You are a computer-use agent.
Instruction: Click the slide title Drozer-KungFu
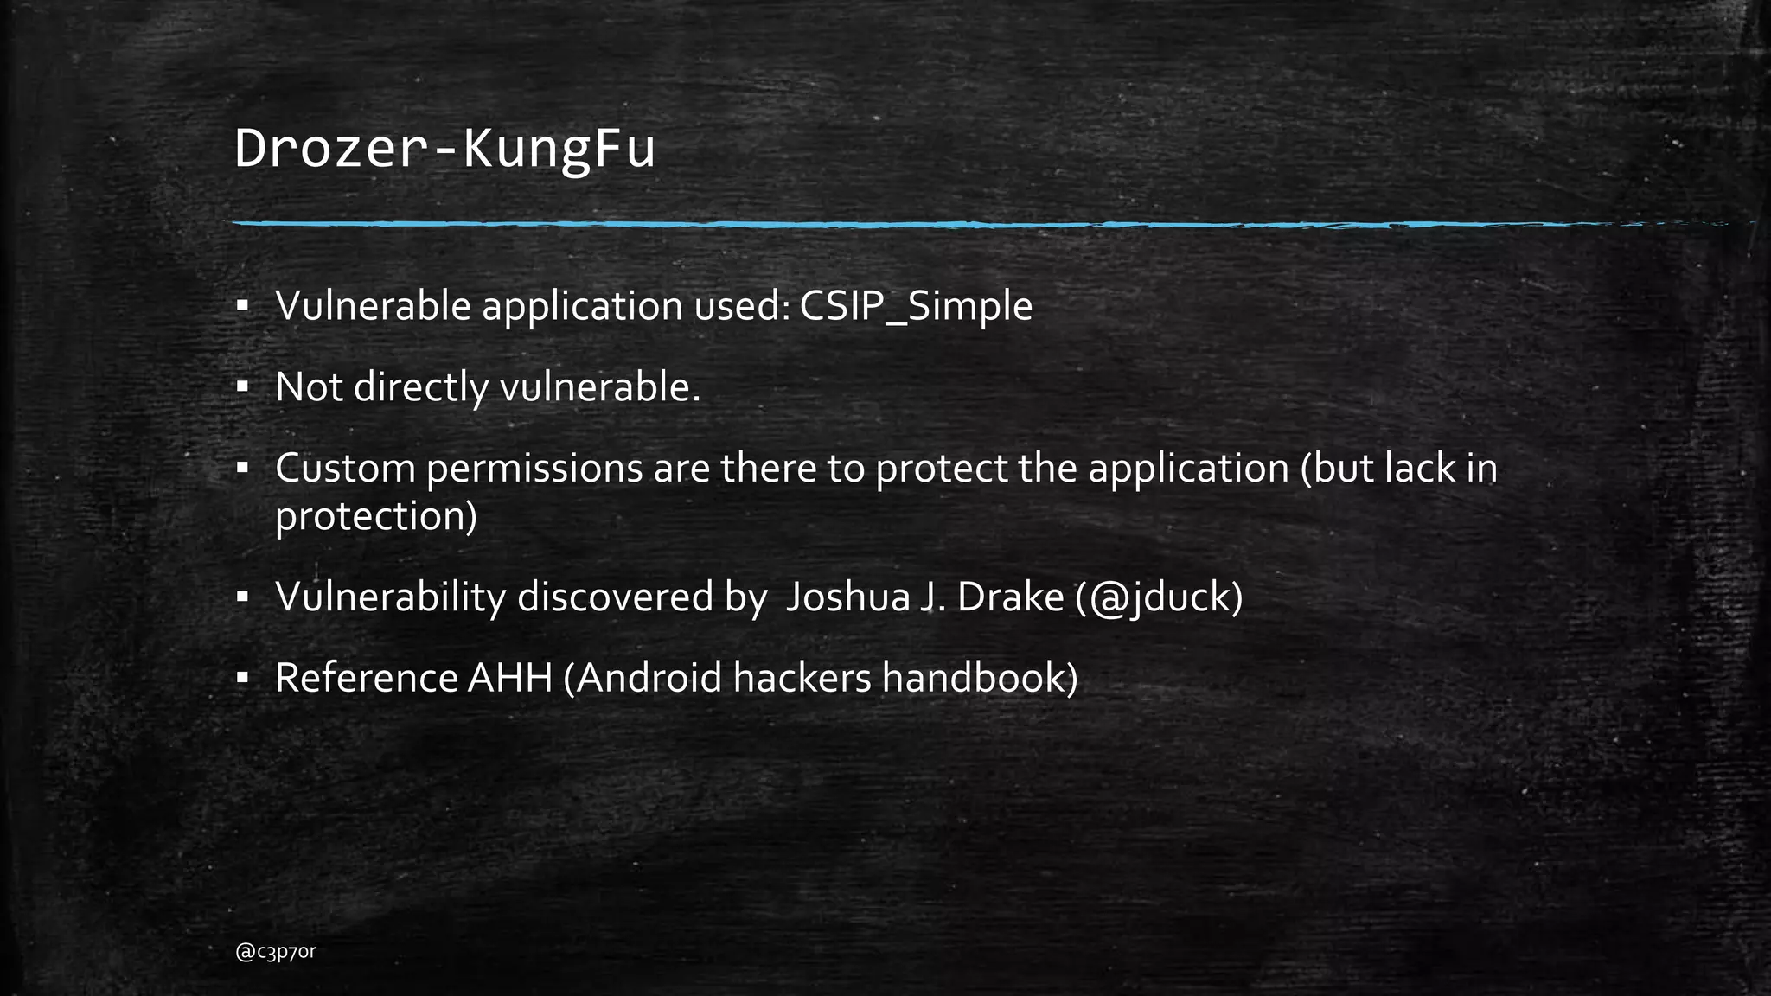pos(444,149)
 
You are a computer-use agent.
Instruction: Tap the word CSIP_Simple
pos(916,306)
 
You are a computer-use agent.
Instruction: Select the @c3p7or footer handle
pos(276,952)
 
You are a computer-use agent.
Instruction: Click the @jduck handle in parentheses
pos(1159,597)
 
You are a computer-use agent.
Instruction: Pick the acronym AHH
pos(509,678)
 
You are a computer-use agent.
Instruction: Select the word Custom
pos(345,469)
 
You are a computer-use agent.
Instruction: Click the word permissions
pos(534,469)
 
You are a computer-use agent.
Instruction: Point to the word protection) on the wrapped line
pos(376,517)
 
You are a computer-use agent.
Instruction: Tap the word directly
pos(421,387)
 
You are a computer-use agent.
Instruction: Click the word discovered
pos(615,597)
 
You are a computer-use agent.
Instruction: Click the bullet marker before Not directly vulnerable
pos(243,386)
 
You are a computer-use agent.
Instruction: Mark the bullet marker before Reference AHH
pos(243,677)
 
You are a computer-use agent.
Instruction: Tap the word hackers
pos(802,678)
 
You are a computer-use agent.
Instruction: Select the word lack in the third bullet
pos(1421,469)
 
